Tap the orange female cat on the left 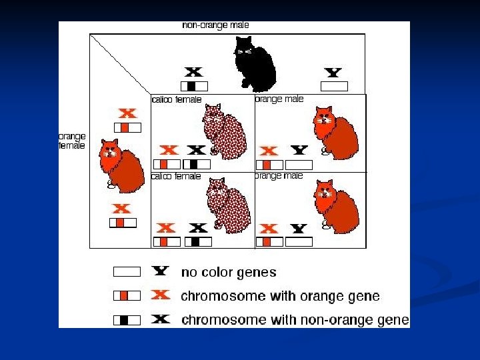click(x=121, y=164)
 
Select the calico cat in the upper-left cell click(x=225, y=133)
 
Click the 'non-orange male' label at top click(x=215, y=25)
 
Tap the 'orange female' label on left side click(x=72, y=141)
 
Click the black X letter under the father click(x=193, y=72)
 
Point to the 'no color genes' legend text click(x=229, y=272)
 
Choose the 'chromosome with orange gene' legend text click(x=281, y=296)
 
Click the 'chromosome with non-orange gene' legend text click(x=295, y=320)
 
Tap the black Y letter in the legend click(x=160, y=271)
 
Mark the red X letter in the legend click(x=160, y=295)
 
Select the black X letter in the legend click(x=160, y=319)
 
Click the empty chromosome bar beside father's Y click(x=334, y=86)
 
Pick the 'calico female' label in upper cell click(x=177, y=100)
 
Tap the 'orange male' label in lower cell click(x=279, y=176)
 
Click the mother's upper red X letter click(x=127, y=114)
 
